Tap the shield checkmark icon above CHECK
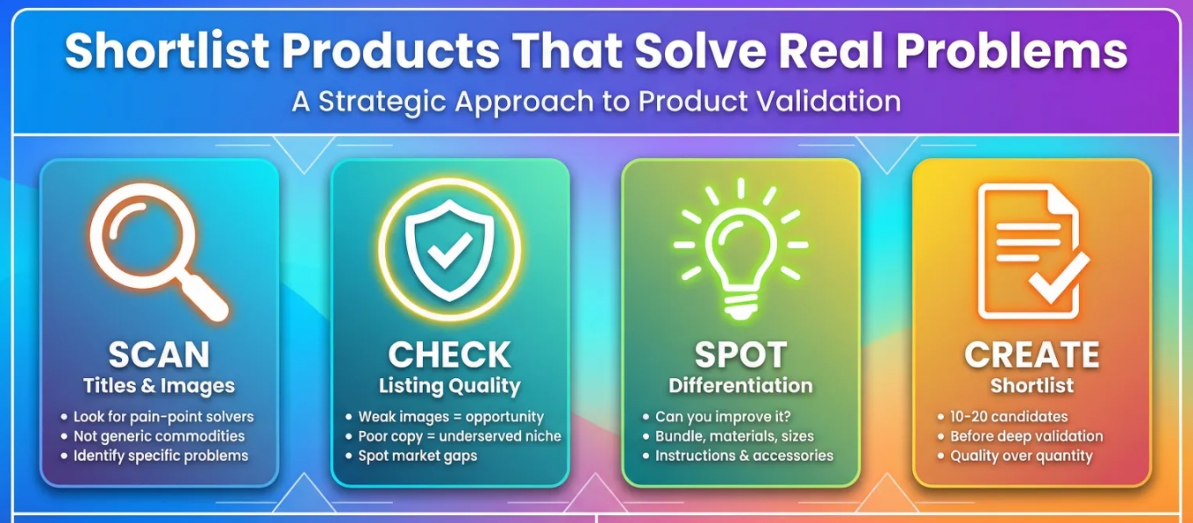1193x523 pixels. pyautogui.click(x=449, y=249)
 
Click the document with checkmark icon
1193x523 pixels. pyautogui.click(x=1032, y=254)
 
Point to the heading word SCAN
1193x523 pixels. pyautogui.click(x=159, y=355)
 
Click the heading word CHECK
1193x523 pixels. pyautogui.click(x=449, y=355)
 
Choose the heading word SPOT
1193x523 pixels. pyautogui.click(x=739, y=355)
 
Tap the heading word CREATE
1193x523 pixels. pyautogui.click(x=1032, y=355)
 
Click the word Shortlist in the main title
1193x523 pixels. pyautogui.click(x=167, y=51)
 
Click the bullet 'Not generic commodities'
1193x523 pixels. pyautogui.click(x=159, y=436)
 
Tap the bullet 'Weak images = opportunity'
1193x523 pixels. pyautogui.click(x=451, y=417)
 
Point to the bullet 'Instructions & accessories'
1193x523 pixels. pyautogui.click(x=744, y=455)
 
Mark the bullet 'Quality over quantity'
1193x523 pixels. pyautogui.click(x=1021, y=455)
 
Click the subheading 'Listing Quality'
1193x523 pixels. pyautogui.click(x=449, y=385)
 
